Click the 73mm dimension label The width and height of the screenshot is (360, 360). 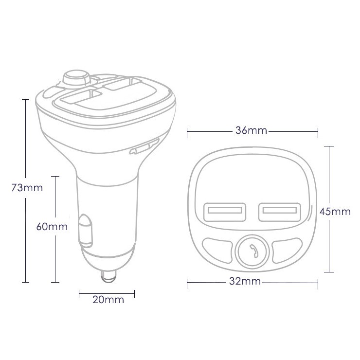[27, 188]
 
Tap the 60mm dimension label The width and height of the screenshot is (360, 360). [52, 227]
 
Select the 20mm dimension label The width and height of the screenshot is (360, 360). [108, 300]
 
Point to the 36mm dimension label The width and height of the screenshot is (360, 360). [251, 130]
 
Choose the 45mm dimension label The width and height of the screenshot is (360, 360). [335, 212]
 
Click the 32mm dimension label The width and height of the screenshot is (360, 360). [245, 281]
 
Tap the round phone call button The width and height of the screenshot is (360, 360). [252, 251]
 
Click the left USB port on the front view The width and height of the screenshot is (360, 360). [225, 212]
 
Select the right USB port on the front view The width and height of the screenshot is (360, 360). [280, 212]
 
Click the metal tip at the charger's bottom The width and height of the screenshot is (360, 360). [108, 276]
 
